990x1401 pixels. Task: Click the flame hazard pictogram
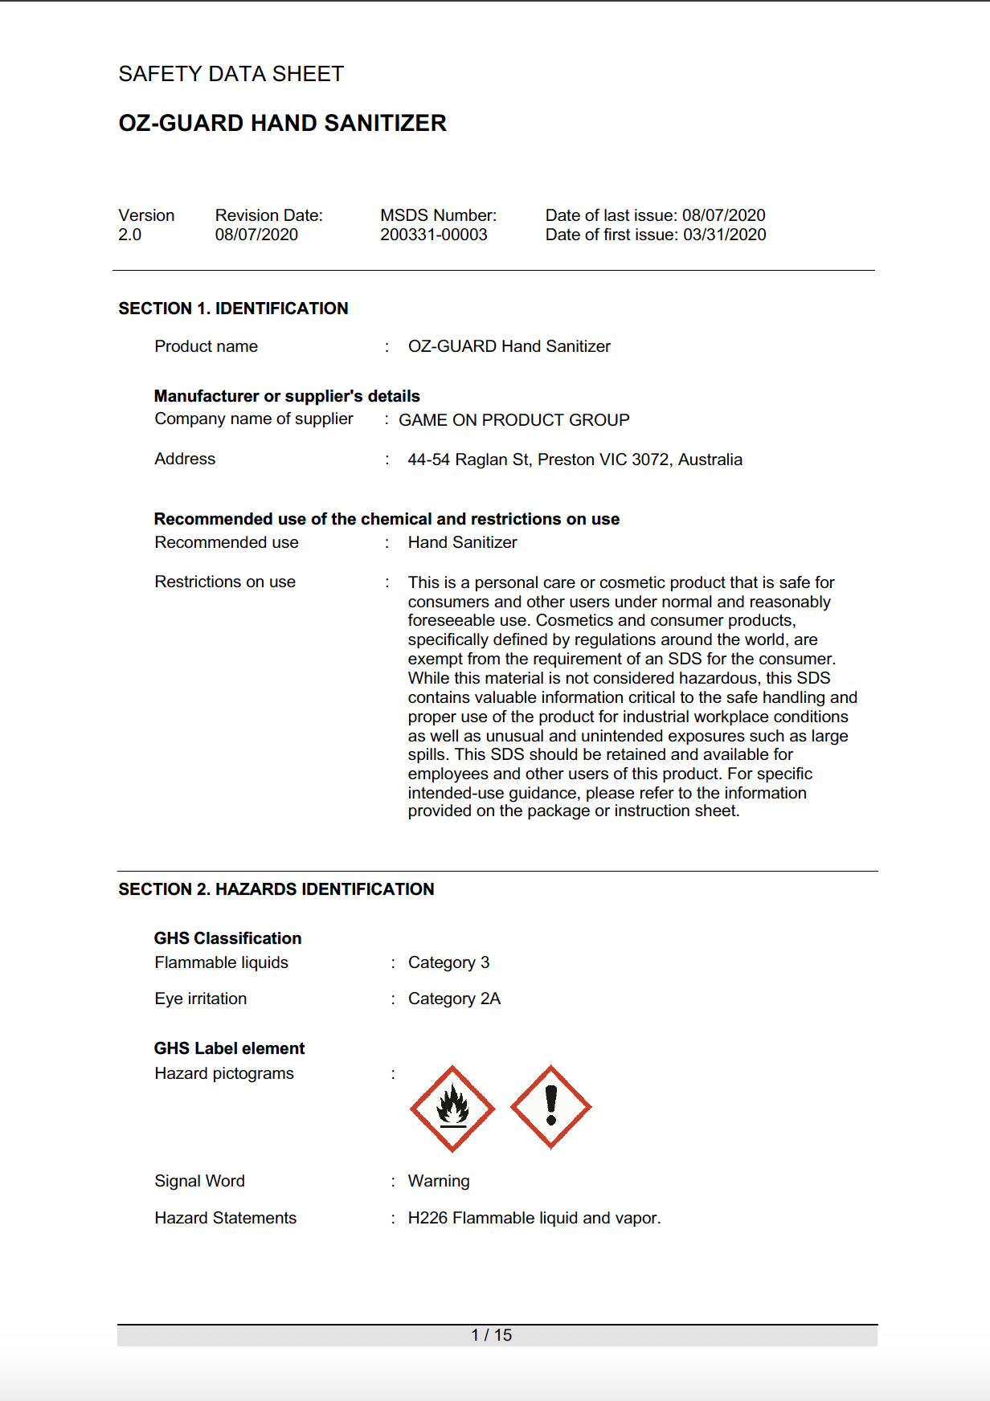coord(452,1109)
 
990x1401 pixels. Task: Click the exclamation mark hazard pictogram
coord(551,1107)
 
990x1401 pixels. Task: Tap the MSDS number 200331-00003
coord(434,235)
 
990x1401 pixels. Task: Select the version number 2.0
coord(130,235)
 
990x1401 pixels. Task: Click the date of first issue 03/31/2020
coord(724,235)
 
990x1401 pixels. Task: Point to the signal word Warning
coord(439,1181)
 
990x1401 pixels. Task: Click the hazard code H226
coord(427,1218)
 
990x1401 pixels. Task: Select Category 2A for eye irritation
coord(454,999)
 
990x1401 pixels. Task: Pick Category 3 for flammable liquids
coord(448,962)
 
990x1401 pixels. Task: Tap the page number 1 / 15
coord(492,1335)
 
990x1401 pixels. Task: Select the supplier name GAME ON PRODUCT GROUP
coord(514,420)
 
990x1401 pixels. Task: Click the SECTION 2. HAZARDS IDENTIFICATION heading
coord(276,889)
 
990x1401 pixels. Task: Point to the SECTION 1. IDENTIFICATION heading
coord(233,308)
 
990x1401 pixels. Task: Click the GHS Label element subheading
coord(230,1048)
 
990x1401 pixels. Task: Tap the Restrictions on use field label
coord(225,582)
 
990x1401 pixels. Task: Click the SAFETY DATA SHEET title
coord(231,74)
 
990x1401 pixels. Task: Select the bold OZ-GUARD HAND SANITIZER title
coord(283,123)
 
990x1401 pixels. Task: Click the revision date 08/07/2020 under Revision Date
coord(256,235)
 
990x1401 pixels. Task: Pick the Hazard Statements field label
coord(226,1218)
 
